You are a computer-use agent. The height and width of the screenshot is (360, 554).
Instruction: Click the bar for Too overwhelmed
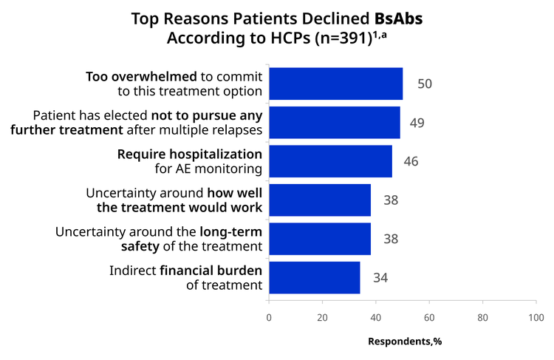(336, 84)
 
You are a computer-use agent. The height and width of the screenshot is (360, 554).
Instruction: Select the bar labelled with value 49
(335, 123)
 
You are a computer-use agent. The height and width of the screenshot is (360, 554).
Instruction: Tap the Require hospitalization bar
(331, 161)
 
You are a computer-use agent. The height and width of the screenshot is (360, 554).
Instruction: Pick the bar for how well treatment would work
(320, 200)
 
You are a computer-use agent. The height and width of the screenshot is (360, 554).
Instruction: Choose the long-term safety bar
(320, 239)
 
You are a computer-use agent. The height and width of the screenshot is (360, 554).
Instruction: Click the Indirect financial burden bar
(315, 278)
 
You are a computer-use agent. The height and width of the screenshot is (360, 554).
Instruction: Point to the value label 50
(425, 84)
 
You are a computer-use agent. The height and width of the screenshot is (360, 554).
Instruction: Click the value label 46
(411, 162)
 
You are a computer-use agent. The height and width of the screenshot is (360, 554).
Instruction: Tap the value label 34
(380, 278)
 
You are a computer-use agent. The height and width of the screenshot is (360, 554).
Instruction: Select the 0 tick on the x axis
(269, 318)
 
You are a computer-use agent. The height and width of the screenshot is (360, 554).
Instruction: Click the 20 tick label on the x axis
(322, 318)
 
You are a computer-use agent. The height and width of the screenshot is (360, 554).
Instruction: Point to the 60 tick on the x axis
(429, 318)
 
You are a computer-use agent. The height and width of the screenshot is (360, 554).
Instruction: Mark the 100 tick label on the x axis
(536, 318)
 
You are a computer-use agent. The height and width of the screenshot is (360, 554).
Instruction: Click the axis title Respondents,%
(405, 342)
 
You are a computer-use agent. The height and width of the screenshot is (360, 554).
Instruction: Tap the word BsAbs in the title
(399, 18)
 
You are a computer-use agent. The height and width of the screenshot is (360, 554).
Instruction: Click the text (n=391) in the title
(343, 38)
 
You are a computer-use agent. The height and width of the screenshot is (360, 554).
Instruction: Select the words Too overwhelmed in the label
(141, 76)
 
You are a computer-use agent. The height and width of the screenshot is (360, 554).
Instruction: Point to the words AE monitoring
(219, 169)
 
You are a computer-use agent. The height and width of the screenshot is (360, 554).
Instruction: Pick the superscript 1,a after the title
(380, 35)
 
